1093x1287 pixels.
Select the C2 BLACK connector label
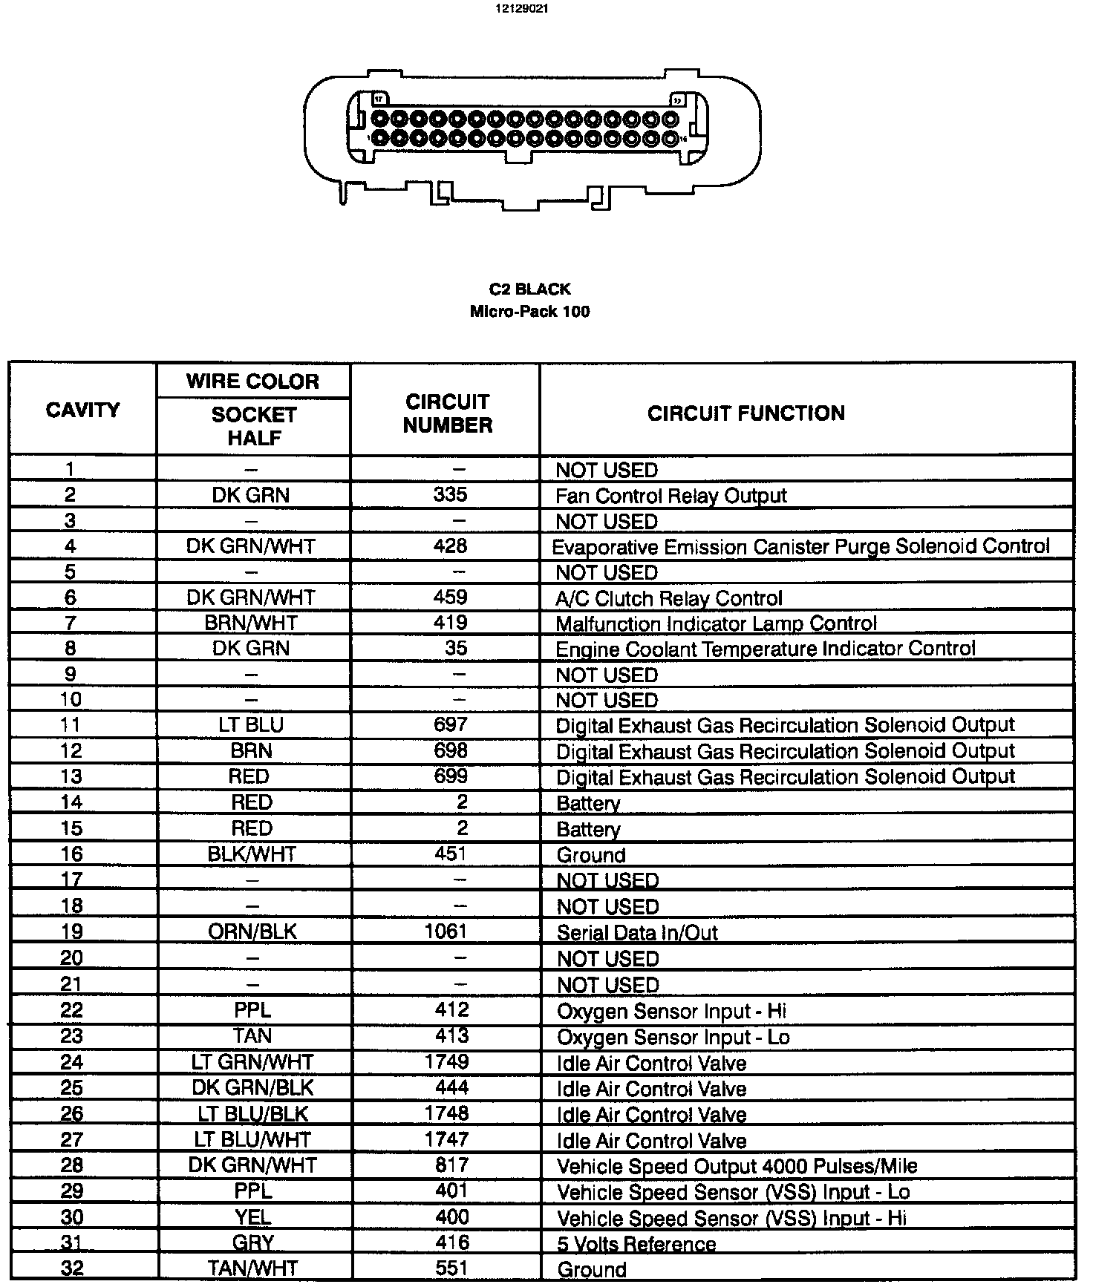(529, 289)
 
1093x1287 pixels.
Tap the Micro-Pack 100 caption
(529, 312)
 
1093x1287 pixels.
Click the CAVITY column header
(82, 410)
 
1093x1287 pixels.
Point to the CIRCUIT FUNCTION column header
(745, 413)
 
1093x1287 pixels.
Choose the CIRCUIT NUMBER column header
(447, 413)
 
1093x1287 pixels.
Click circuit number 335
(450, 494)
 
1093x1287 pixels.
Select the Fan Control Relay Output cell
(671, 496)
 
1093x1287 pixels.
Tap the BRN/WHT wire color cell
(251, 623)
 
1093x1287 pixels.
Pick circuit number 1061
(446, 931)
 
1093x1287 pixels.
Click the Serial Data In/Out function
(637, 933)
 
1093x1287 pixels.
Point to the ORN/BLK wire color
(252, 932)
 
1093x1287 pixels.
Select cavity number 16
(71, 854)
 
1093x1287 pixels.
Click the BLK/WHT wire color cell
(252, 854)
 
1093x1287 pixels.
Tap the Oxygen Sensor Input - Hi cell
(671, 1011)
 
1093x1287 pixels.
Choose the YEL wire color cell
(252, 1217)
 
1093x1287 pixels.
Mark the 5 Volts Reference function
(636, 1244)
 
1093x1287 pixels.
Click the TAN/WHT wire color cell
(252, 1269)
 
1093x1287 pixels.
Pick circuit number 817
(451, 1165)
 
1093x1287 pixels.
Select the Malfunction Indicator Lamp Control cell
(716, 623)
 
